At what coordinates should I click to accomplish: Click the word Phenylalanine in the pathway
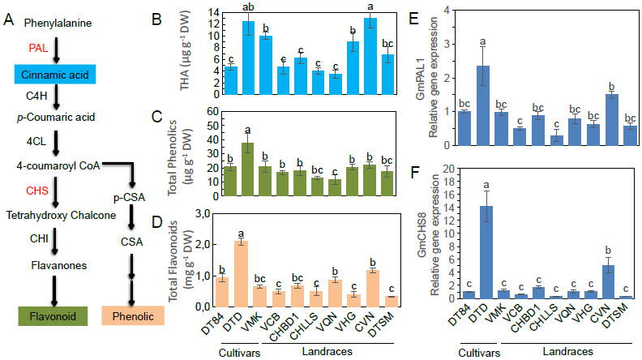click(x=53, y=24)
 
